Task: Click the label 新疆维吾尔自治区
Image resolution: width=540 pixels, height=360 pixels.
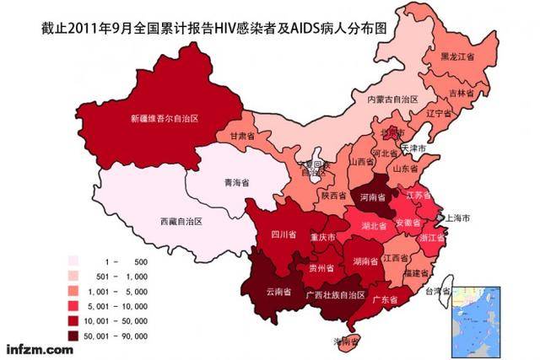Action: point(164,118)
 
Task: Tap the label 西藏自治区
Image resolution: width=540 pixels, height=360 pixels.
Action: point(181,222)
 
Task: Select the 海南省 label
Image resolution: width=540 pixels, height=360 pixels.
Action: point(344,342)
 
